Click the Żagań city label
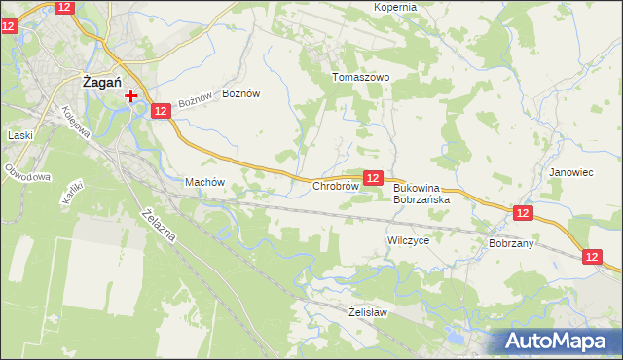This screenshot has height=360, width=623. [101, 84]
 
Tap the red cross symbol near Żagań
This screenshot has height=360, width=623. [131, 96]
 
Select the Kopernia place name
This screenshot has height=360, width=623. [395, 7]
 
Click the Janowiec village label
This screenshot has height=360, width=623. [571, 172]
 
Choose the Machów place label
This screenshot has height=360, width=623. [204, 182]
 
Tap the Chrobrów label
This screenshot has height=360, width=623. [336, 185]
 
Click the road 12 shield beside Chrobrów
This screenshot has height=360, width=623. [373, 177]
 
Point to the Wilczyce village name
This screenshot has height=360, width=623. [408, 239]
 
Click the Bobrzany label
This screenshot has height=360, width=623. [511, 243]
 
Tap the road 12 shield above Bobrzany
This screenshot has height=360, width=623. [523, 212]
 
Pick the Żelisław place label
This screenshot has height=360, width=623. [368, 312]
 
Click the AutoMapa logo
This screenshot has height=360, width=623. [560, 342]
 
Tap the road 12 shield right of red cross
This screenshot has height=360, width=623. [162, 112]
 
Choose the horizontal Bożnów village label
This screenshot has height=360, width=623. [241, 93]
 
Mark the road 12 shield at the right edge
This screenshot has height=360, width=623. [595, 256]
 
